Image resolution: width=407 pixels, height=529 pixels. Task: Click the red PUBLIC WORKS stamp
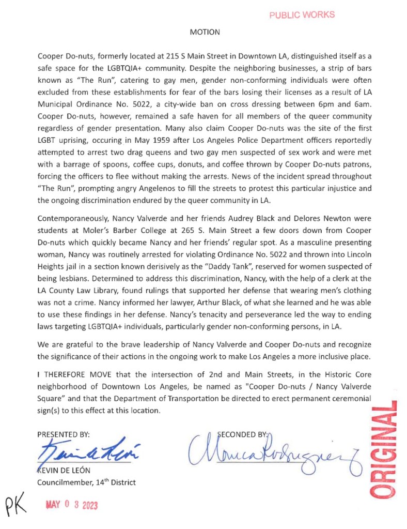(302, 14)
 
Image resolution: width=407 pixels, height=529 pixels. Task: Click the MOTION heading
(205, 32)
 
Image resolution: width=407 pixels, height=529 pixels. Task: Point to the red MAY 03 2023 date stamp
(72, 504)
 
